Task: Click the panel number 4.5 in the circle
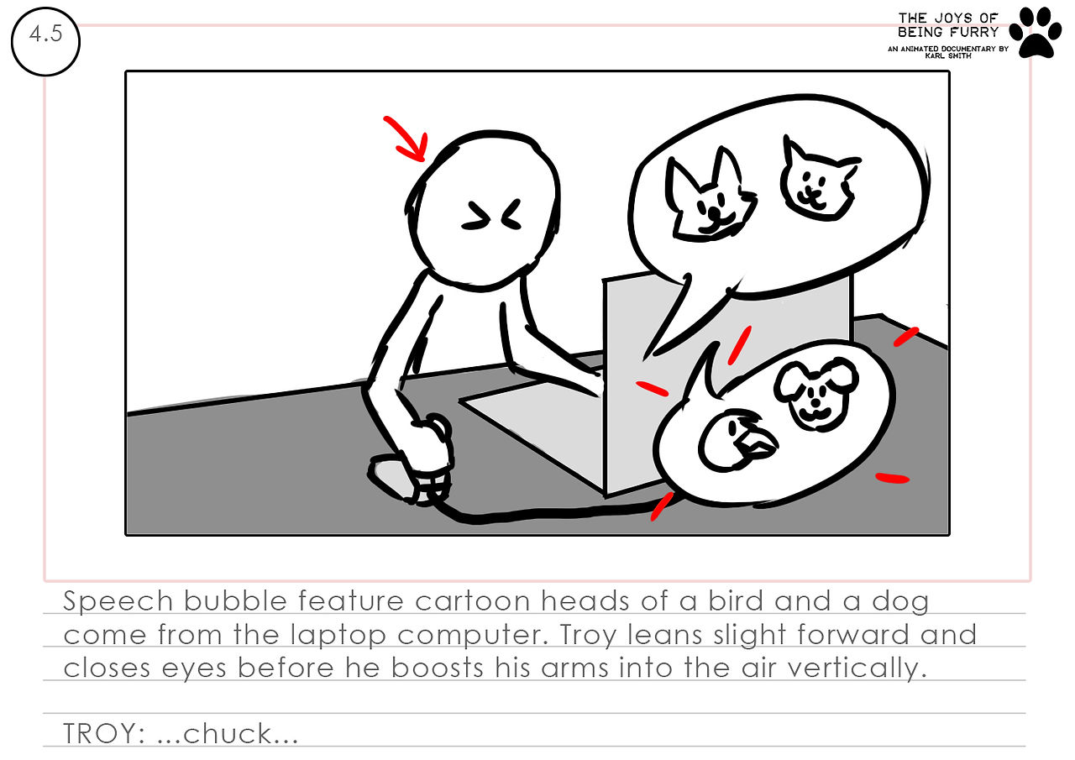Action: (x=45, y=34)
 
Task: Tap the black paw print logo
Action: (x=1036, y=33)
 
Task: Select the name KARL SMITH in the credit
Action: (x=948, y=55)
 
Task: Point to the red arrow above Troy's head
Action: (x=407, y=139)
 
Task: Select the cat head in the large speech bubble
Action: (x=819, y=179)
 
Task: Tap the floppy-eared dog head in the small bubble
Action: (x=815, y=393)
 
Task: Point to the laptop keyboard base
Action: (x=532, y=422)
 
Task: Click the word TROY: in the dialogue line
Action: (x=104, y=734)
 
